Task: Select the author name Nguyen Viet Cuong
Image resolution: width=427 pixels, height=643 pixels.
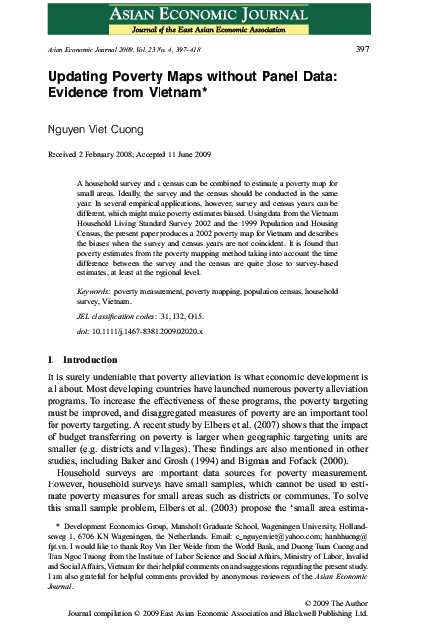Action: click(103, 128)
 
